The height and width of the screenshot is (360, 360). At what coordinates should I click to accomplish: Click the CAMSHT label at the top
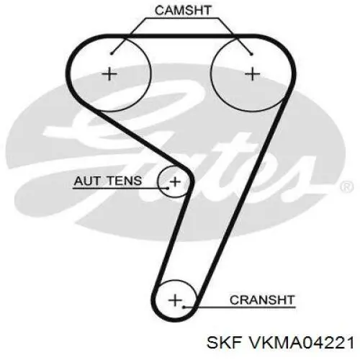(183, 10)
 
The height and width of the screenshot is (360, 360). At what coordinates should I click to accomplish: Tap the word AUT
(86, 181)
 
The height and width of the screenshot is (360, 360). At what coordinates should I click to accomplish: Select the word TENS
(125, 181)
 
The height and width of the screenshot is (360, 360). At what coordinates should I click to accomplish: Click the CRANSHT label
(262, 300)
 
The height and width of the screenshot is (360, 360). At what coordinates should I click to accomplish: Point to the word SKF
(224, 342)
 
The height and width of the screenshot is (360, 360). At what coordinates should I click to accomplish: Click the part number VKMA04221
(301, 342)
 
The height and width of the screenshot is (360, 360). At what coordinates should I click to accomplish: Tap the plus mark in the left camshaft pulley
(109, 74)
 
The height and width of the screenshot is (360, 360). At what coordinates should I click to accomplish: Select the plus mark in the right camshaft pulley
(253, 74)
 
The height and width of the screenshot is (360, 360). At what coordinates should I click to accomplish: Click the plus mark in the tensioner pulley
(175, 181)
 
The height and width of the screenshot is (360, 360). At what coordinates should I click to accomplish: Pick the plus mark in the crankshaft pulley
(175, 300)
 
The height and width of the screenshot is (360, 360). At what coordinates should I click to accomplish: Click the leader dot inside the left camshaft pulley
(112, 53)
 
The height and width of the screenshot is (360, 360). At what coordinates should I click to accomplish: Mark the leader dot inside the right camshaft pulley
(251, 54)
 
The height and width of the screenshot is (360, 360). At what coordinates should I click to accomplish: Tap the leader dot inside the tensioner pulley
(168, 188)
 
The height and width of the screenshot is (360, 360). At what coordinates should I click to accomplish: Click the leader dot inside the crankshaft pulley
(184, 307)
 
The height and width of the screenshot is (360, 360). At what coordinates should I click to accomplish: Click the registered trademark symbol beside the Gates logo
(347, 186)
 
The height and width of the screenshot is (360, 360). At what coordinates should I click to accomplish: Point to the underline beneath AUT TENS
(120, 189)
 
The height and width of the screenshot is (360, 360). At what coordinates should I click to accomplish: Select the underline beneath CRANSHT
(239, 307)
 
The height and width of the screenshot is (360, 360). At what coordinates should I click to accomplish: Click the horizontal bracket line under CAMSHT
(182, 18)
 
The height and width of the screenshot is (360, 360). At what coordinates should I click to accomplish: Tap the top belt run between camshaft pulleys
(182, 36)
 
